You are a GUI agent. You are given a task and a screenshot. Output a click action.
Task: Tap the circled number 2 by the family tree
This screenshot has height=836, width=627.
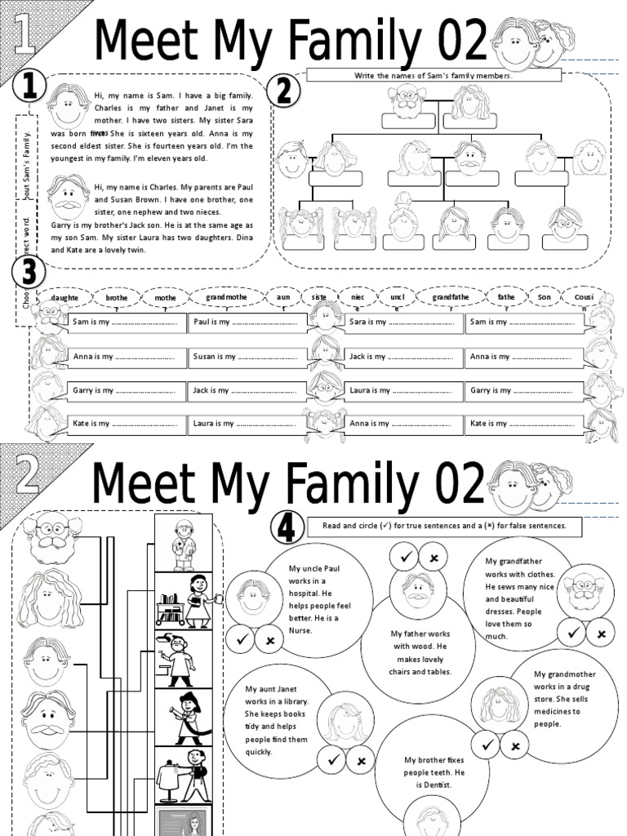click(x=283, y=91)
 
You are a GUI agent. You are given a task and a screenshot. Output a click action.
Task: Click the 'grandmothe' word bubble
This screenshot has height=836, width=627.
click(x=226, y=298)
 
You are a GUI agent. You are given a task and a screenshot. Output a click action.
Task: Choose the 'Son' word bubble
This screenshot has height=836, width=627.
click(x=545, y=298)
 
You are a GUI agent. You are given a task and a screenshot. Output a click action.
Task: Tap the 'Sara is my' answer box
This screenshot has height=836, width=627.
click(x=402, y=322)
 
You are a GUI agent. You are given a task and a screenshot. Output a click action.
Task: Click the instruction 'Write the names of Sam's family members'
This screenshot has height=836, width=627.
click(x=433, y=76)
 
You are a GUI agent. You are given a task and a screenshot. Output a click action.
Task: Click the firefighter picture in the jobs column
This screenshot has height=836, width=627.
click(x=184, y=718)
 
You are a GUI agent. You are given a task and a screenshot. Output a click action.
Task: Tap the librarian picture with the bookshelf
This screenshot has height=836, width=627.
click(x=184, y=601)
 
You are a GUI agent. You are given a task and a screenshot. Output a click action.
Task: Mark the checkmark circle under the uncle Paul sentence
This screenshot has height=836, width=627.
click(x=241, y=640)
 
